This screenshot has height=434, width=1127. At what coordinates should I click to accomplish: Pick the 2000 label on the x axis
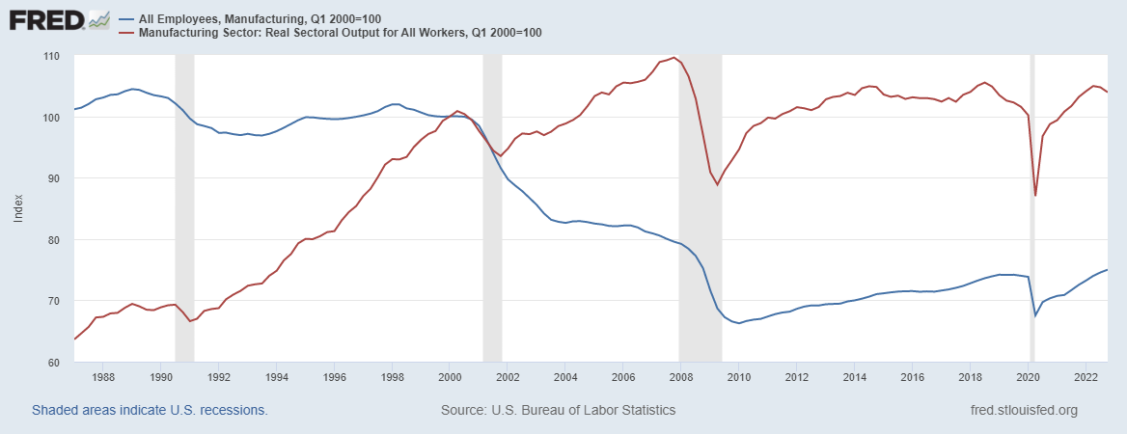[450, 377]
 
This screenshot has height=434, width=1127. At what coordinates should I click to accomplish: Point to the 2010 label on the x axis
[738, 377]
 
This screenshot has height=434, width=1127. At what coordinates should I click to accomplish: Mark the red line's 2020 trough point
[1035, 196]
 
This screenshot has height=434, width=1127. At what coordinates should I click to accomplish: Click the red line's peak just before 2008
[673, 58]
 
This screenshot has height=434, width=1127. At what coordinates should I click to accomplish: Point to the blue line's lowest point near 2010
[739, 323]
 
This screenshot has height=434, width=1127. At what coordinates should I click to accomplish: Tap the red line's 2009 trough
[717, 184]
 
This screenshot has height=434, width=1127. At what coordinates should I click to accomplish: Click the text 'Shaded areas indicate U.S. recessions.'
[150, 410]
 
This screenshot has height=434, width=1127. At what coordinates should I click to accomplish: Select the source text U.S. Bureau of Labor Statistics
[558, 410]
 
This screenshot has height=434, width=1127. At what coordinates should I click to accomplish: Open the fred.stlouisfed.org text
[1024, 410]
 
